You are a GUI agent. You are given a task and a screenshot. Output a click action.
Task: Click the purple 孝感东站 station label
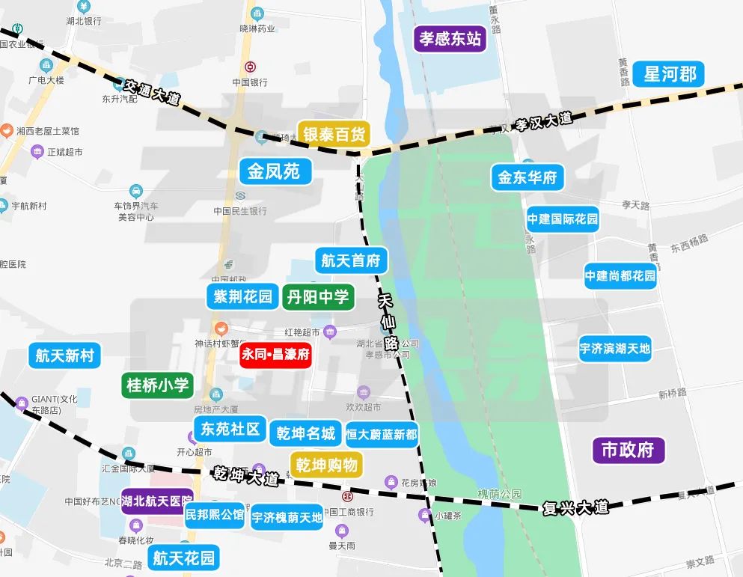[x=450, y=38]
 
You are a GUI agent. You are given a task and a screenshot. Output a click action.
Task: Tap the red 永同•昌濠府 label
[x=275, y=354]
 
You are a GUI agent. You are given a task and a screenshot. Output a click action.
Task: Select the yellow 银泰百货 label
[x=334, y=135]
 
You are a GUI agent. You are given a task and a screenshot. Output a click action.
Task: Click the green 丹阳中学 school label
[x=317, y=297]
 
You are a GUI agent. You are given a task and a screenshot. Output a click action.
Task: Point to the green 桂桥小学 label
[x=158, y=385]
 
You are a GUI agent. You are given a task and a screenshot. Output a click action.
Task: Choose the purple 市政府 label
[x=628, y=450]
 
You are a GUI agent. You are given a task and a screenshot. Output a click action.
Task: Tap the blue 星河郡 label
[x=670, y=74]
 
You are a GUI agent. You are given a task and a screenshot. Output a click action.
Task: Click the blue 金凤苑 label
[x=275, y=171]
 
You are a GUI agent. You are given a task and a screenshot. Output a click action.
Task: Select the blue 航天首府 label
[x=351, y=261]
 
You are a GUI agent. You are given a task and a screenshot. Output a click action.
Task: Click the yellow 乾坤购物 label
[x=326, y=465]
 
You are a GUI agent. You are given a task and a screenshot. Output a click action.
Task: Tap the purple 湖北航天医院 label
[x=157, y=501]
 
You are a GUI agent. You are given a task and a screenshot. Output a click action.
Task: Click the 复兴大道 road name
[x=575, y=507]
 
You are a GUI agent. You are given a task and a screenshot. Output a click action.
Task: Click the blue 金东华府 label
[x=528, y=178]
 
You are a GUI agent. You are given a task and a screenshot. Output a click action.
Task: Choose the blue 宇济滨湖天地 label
[x=615, y=348]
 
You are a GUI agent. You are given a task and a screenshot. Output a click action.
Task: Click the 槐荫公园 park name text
[x=500, y=494]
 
